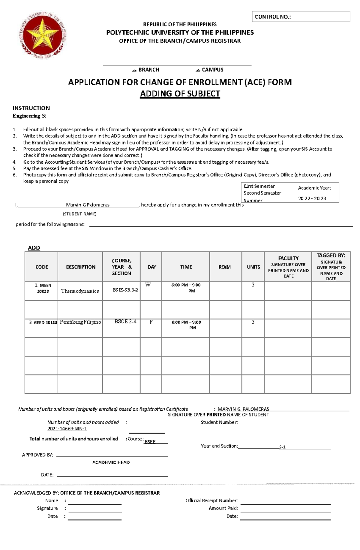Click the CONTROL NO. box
301,17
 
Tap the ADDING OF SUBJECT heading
180,94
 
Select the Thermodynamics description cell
80,291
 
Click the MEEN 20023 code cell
42,288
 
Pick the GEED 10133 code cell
42,323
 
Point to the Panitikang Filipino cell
80,322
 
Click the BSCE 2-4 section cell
125,322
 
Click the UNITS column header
253,267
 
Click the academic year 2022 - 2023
312,198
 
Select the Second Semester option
262,193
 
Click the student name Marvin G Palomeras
88,205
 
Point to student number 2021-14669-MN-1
67,429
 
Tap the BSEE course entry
150,442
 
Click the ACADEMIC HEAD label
111,462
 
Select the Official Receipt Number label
211,501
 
